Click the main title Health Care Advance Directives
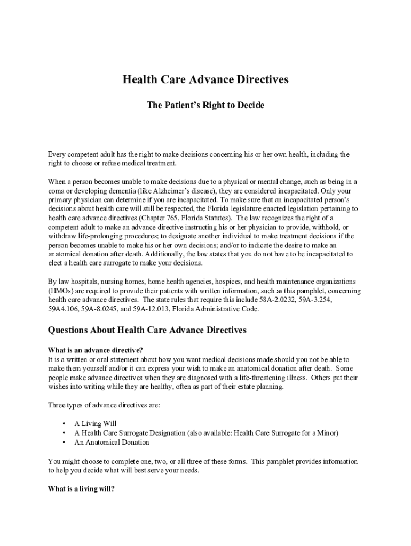205,79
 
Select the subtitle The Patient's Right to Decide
205,106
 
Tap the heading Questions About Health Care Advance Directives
147,330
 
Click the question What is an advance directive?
95,350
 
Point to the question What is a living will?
81,488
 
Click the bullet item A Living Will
96,424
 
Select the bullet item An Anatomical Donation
112,443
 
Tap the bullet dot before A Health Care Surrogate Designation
64,433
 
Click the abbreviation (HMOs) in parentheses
61,291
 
